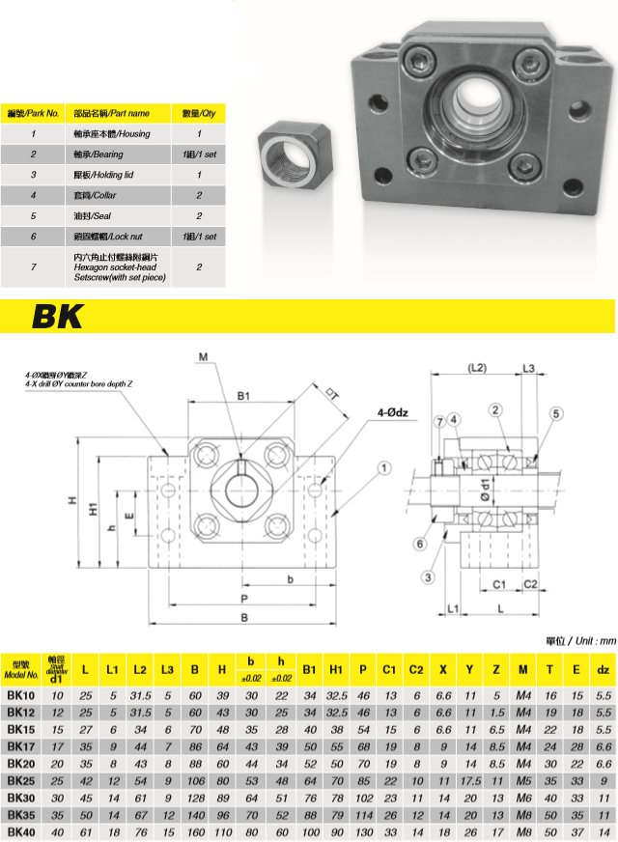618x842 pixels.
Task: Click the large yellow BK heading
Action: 58,316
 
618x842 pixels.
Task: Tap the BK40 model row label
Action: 21,830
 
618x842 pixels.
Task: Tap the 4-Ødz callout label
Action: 394,413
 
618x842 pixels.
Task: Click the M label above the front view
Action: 204,357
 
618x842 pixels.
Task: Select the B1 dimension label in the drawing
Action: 243,396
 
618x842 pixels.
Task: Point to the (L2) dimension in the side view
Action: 476,368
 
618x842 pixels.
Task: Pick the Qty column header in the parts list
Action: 199,113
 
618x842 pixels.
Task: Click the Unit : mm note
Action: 578,640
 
